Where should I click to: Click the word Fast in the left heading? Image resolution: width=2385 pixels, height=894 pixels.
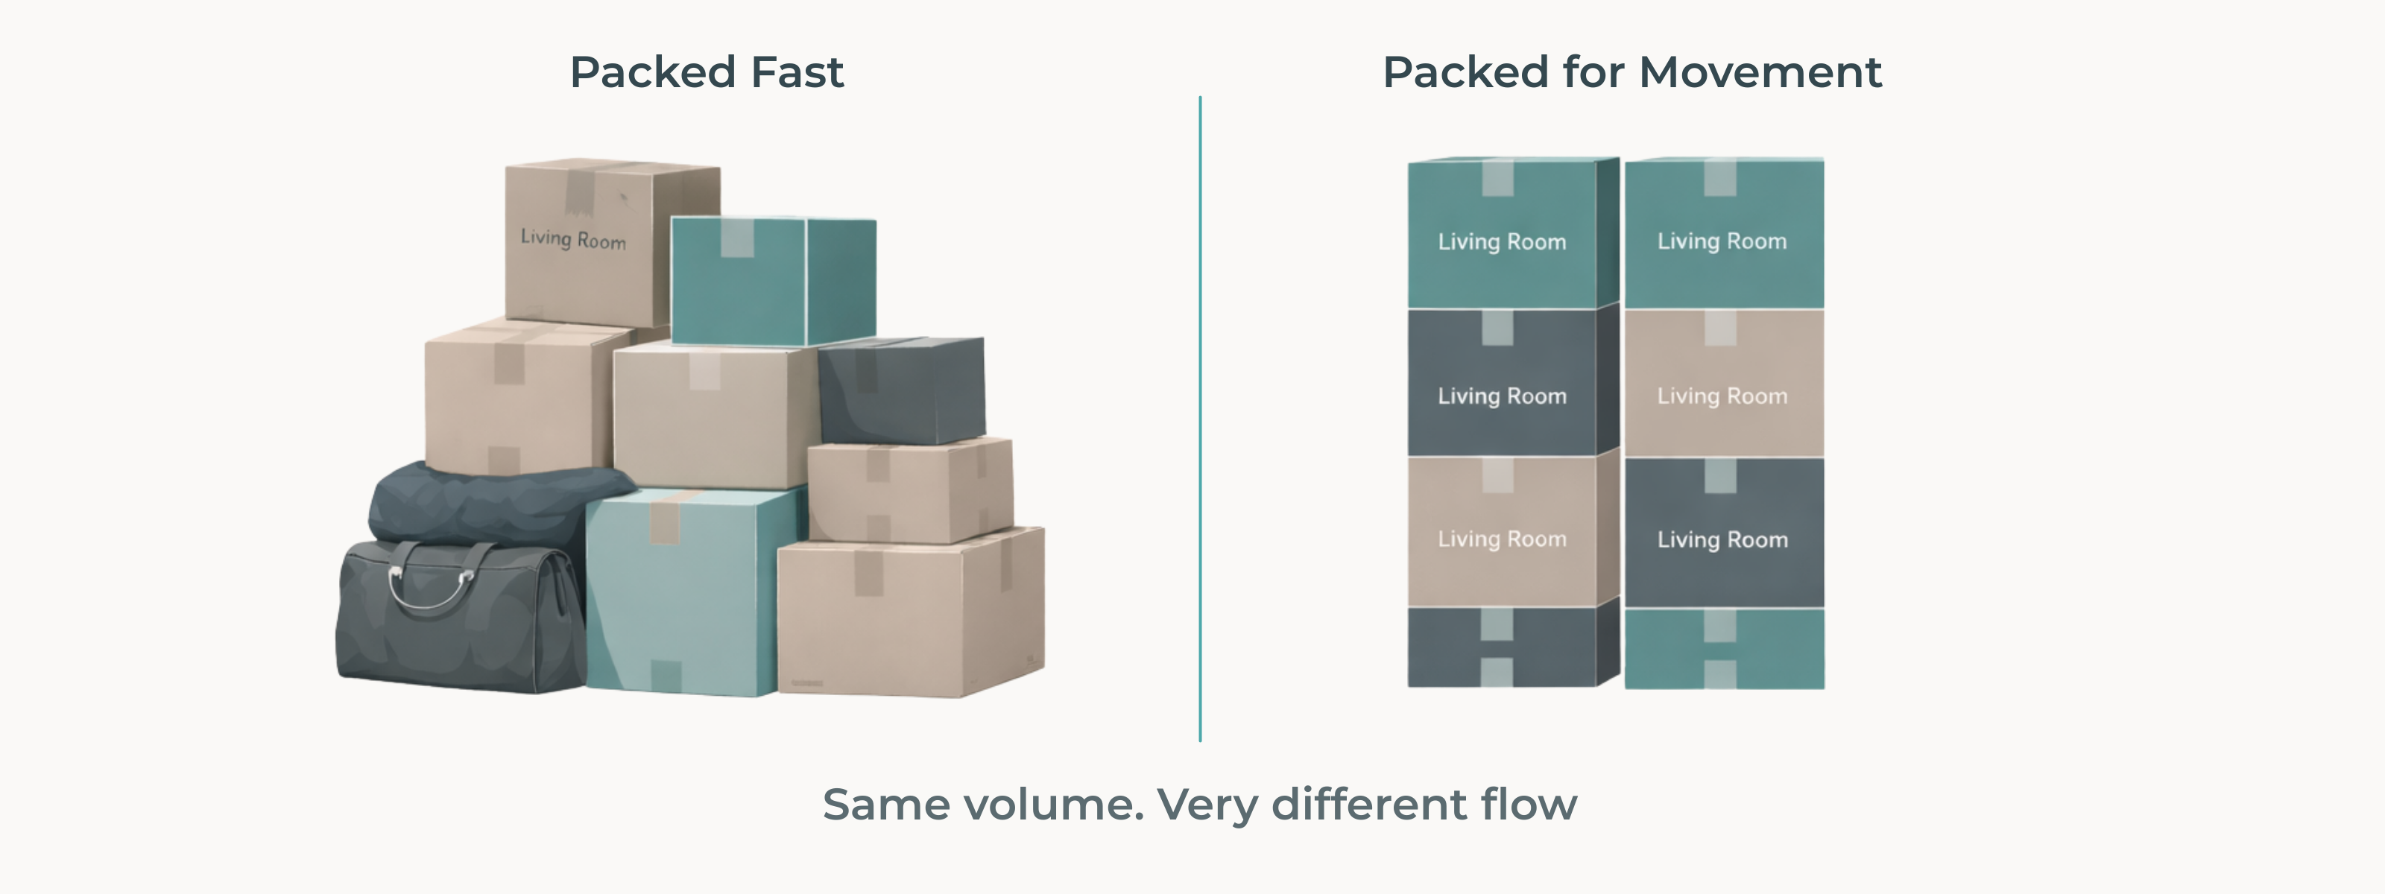796,72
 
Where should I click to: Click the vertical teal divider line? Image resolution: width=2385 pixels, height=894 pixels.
1200,416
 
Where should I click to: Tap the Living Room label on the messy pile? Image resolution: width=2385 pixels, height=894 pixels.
573,238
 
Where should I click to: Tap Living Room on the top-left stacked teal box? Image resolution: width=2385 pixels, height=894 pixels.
1502,241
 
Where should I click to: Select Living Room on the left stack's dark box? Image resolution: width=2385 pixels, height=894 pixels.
1502,396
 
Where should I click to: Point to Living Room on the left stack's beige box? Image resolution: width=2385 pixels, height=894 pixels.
1502,539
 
